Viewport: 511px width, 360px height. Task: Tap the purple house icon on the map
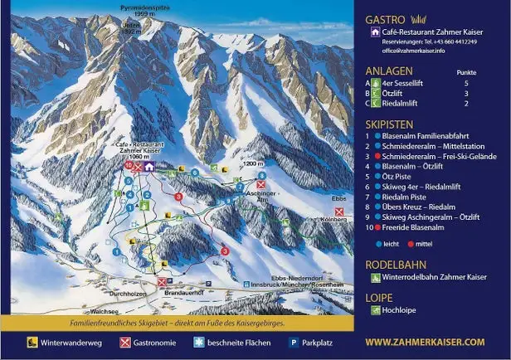148,166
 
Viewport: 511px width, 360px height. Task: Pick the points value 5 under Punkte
466,83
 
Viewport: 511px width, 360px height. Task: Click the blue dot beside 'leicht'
377,245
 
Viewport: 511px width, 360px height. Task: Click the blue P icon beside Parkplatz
292,342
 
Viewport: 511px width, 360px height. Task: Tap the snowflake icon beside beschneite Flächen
198,342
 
